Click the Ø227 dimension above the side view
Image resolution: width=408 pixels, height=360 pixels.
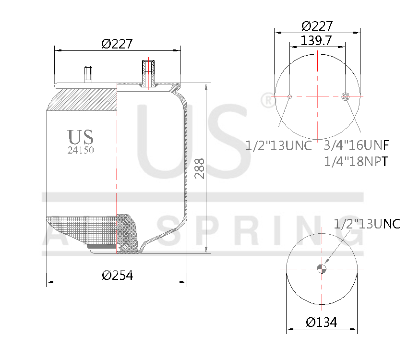(x=117, y=44)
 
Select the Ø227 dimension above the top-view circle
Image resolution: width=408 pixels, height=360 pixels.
(x=316, y=26)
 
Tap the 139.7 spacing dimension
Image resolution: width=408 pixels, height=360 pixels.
(x=316, y=41)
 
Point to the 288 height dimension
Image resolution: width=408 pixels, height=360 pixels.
(x=199, y=168)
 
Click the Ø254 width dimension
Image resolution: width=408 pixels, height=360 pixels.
(x=117, y=275)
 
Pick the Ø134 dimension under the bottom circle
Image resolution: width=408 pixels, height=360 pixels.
(x=322, y=322)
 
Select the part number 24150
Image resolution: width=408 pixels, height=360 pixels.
(x=80, y=150)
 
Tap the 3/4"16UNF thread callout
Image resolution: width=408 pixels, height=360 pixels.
(x=356, y=145)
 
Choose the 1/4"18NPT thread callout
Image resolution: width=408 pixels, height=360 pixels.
(x=356, y=162)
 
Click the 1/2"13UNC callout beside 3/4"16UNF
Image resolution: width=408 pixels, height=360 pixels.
(x=278, y=145)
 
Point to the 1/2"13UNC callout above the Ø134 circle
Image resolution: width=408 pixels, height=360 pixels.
(x=367, y=224)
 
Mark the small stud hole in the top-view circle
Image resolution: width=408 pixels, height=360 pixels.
(x=289, y=97)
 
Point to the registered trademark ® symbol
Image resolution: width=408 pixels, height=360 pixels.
(x=266, y=100)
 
